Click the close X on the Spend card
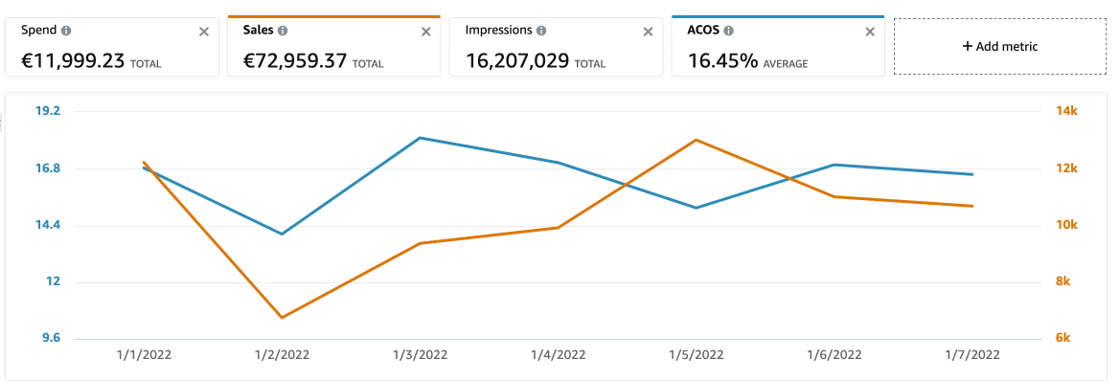(x=203, y=32)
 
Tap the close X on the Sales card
(x=426, y=32)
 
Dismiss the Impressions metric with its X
(x=648, y=32)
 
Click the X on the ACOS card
(x=870, y=32)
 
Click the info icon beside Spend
(x=66, y=31)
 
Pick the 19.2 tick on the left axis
(x=48, y=111)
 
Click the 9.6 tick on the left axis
(x=48, y=338)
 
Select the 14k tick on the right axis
(x=1067, y=111)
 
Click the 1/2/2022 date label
(x=282, y=354)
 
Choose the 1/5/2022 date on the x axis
(x=697, y=354)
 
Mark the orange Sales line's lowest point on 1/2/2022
(x=282, y=317)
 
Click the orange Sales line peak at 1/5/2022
(x=697, y=140)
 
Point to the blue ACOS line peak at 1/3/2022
(x=420, y=138)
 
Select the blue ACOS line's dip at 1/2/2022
(x=282, y=234)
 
